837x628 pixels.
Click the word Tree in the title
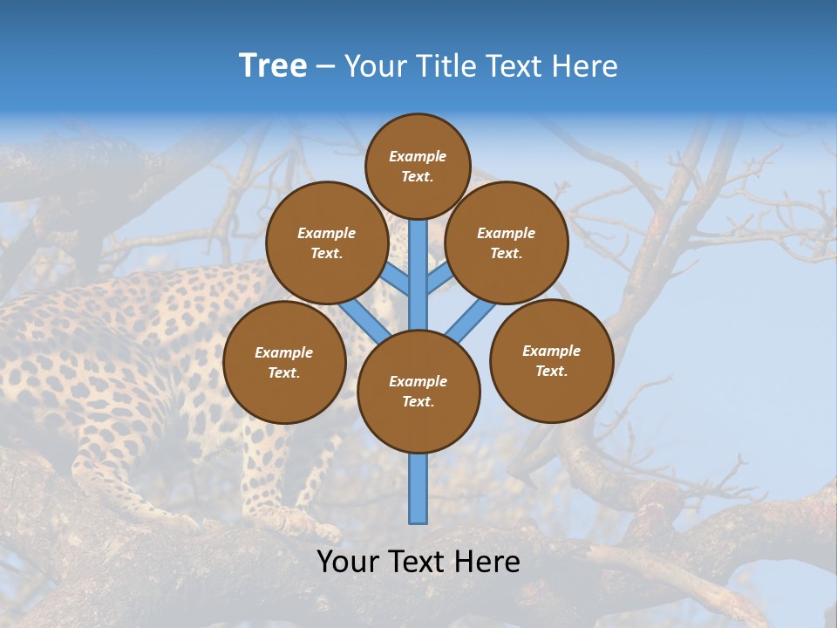tap(273, 66)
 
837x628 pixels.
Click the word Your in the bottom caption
tap(350, 562)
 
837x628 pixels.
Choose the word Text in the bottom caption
tap(418, 562)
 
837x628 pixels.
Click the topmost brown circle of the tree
tap(418, 166)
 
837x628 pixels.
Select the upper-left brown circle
tap(327, 242)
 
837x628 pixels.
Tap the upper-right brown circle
tap(507, 242)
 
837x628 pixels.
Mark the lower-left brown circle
tap(284, 362)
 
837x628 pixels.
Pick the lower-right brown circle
tap(552, 360)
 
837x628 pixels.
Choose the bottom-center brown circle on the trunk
tap(418, 392)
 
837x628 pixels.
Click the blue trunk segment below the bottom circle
tap(418, 488)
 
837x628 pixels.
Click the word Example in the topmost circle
tap(418, 156)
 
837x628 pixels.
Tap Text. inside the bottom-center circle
tap(418, 401)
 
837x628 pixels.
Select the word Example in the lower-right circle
tap(551, 351)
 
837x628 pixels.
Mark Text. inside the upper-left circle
tap(327, 253)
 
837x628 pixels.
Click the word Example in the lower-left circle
tap(283, 352)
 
